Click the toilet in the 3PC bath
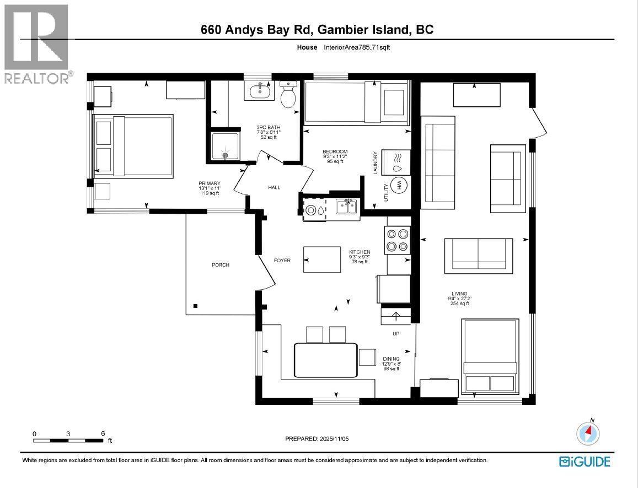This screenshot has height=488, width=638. point(288,96)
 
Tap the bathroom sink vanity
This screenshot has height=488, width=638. point(259,90)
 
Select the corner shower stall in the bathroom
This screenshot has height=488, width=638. point(225,146)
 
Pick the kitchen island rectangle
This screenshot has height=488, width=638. point(322,259)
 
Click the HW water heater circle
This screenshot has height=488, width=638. point(396,186)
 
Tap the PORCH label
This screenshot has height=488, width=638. point(220,265)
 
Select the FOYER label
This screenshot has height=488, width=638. point(282,260)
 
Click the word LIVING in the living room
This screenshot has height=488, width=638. point(459,294)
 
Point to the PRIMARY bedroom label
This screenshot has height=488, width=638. point(210,183)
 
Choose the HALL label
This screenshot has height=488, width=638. point(274,187)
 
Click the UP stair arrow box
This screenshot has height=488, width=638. point(395,317)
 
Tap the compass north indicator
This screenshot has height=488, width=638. point(588,433)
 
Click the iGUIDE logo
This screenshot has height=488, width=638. point(585,462)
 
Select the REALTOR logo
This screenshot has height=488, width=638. point(36,44)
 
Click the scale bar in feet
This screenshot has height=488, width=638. point(68,440)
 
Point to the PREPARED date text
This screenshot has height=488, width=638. point(317,439)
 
